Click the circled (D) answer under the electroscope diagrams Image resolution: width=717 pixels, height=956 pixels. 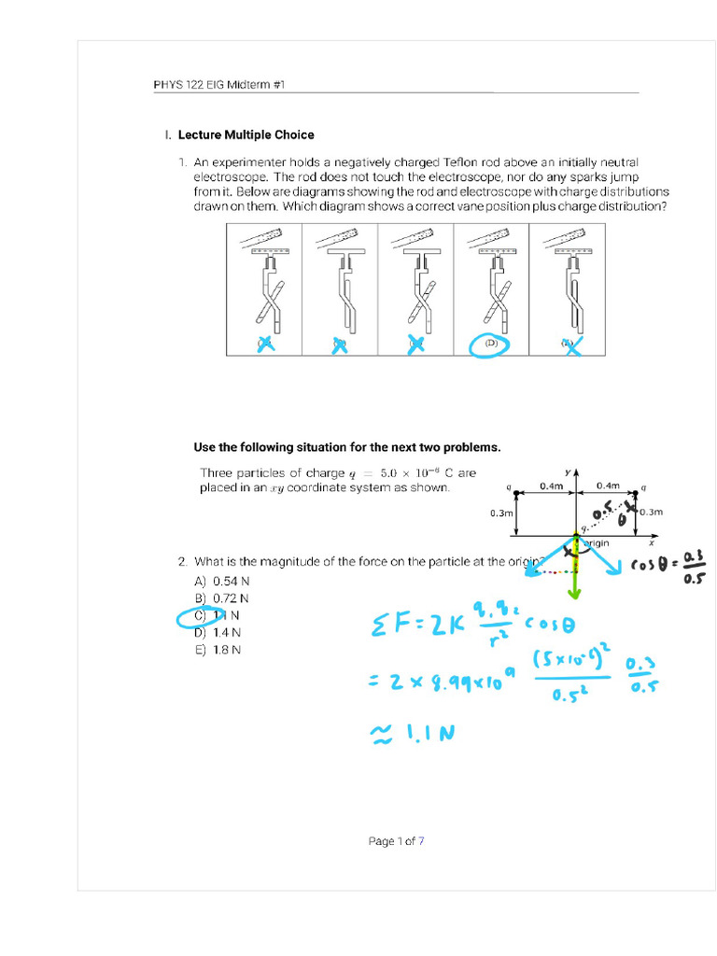[490, 343]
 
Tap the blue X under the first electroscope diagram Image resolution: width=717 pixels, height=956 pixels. [264, 344]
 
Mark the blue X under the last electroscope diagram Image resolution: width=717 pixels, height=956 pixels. [570, 344]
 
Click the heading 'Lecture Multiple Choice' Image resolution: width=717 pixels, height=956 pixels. [246, 134]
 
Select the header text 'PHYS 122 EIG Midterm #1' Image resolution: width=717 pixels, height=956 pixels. [218, 85]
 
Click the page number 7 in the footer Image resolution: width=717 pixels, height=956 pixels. [421, 841]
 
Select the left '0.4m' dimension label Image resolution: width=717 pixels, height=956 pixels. [552, 485]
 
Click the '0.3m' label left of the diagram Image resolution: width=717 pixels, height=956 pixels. [501, 513]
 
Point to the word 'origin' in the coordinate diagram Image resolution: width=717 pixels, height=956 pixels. [597, 542]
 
